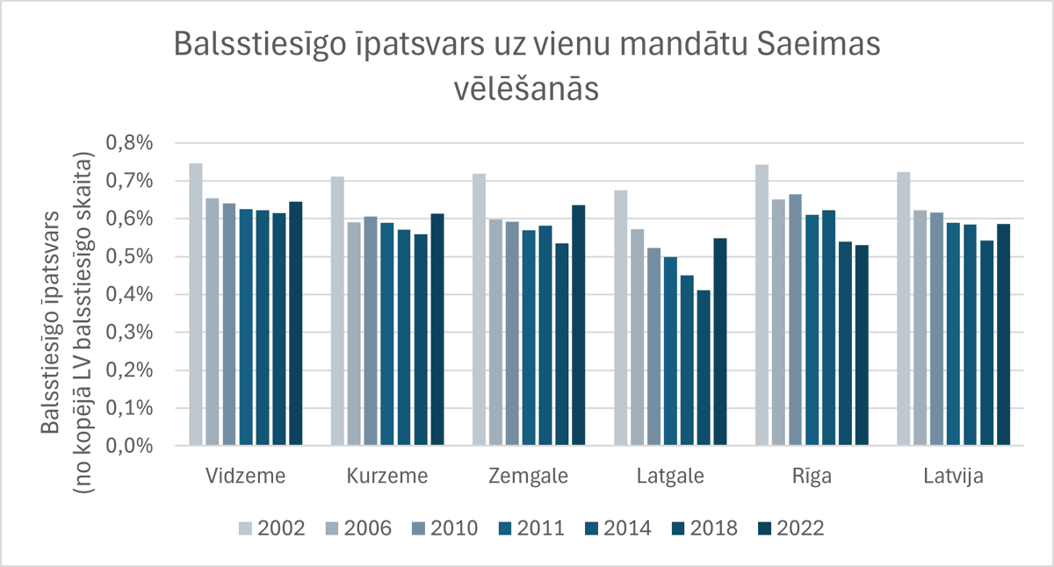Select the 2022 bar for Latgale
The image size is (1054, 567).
[720, 342]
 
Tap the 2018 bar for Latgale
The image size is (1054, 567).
[704, 368]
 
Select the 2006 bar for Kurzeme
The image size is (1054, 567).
[354, 334]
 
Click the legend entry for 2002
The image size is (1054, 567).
[272, 528]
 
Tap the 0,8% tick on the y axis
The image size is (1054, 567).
[130, 142]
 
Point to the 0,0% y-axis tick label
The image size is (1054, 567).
[130, 446]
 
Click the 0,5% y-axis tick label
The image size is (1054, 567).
[130, 256]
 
